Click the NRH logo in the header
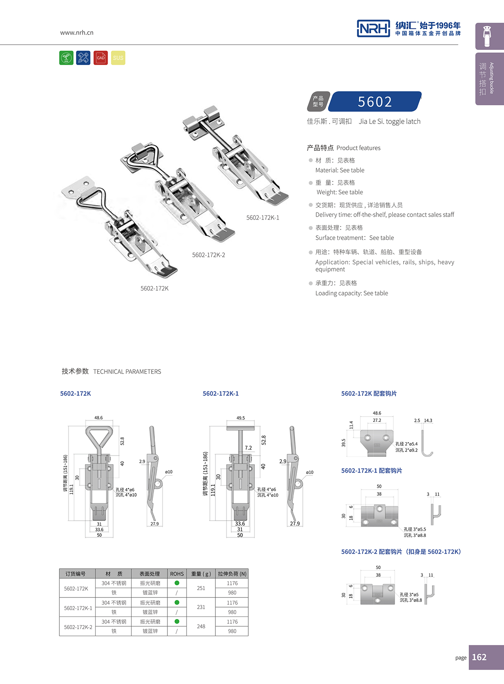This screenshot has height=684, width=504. (x=373, y=28)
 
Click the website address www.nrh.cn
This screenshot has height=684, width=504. (x=77, y=33)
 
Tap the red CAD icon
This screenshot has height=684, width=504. (x=100, y=58)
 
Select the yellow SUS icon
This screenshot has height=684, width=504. (x=118, y=58)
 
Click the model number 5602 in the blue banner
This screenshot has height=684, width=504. (x=375, y=102)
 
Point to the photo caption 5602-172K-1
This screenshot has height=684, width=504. (x=263, y=217)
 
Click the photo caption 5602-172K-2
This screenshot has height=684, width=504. (x=209, y=255)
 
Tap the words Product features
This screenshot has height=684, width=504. (x=358, y=148)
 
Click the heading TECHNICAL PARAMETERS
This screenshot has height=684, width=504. (x=127, y=371)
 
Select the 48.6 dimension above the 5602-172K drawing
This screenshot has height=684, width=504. (x=98, y=417)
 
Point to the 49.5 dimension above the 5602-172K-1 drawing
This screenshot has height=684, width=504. (x=241, y=418)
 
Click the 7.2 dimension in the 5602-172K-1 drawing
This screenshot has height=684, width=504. (x=248, y=448)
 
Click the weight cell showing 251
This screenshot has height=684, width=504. (x=201, y=588)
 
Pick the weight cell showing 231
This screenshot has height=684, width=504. (x=201, y=607)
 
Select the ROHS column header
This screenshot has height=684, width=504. (x=177, y=574)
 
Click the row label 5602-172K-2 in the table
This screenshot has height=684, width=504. (x=78, y=627)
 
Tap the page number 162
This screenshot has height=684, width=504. (x=479, y=657)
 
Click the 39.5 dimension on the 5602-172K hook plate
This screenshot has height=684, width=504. (x=343, y=443)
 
